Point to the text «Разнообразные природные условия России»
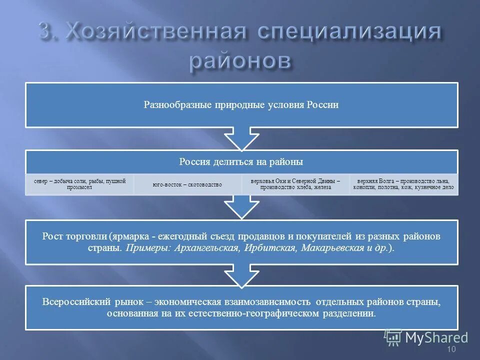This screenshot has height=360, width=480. pyautogui.click(x=241, y=105)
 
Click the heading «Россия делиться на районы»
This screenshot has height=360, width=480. pyautogui.click(x=241, y=161)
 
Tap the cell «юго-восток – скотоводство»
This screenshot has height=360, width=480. pyautogui.click(x=187, y=184)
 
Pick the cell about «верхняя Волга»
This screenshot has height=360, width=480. pyautogui.click(x=403, y=184)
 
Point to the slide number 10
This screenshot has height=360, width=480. pyautogui.click(x=451, y=349)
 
